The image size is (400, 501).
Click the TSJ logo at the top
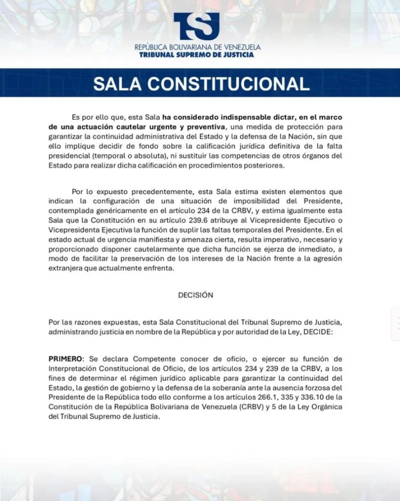tap(197, 26)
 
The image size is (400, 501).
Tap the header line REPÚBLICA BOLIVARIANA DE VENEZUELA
tap(198, 47)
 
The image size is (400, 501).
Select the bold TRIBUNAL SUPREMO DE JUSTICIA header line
tap(197, 55)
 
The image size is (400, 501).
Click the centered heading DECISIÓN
tap(196, 295)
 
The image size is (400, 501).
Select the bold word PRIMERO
tap(65, 359)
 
